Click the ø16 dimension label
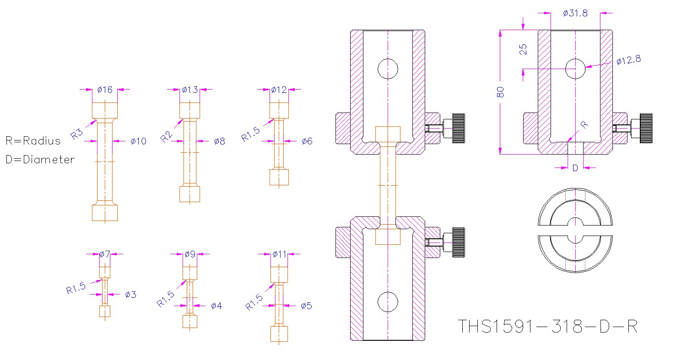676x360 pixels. pyautogui.click(x=105, y=90)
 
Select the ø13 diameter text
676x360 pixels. pyautogui.click(x=189, y=90)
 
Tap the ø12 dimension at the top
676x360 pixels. pyautogui.click(x=279, y=90)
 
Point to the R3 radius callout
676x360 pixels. pyautogui.click(x=77, y=134)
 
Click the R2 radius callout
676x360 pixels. pyautogui.click(x=167, y=136)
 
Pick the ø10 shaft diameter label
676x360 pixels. pyautogui.click(x=138, y=141)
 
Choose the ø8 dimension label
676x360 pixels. pyautogui.click(x=219, y=141)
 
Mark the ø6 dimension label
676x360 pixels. pyautogui.click(x=307, y=141)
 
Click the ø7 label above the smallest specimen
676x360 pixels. pyautogui.click(x=105, y=254)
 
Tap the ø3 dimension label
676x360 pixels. pyautogui.click(x=130, y=295)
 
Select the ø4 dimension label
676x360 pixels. pyautogui.click(x=216, y=306)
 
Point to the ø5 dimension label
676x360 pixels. pyautogui.click(x=306, y=306)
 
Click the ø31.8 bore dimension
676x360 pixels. pyautogui.click(x=575, y=13)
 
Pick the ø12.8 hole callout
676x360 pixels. pyautogui.click(x=628, y=60)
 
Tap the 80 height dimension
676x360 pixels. pyautogui.click(x=500, y=91)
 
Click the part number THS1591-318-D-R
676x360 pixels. pyautogui.click(x=548, y=327)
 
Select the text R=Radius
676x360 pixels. pyautogui.click(x=33, y=141)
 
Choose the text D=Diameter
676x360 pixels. pyautogui.click(x=40, y=160)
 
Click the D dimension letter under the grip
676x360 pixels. pyautogui.click(x=575, y=168)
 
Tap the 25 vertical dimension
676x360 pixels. pyautogui.click(x=524, y=49)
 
